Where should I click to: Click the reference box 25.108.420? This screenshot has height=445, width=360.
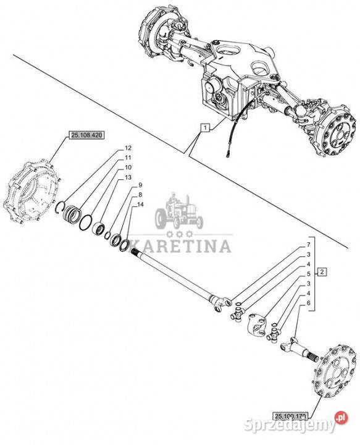(x=86, y=135)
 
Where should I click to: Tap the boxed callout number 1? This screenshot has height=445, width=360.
(x=205, y=128)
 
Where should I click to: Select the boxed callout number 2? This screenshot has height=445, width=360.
(x=322, y=272)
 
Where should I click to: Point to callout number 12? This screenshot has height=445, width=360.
(x=128, y=148)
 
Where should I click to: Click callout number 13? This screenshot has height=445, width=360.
(x=128, y=177)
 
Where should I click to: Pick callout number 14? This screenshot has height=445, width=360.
(x=140, y=205)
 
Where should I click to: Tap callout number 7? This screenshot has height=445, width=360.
(x=309, y=245)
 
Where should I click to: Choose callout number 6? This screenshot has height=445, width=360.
(x=309, y=303)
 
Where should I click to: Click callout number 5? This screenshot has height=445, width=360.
(x=309, y=274)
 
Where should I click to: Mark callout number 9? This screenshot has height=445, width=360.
(x=140, y=185)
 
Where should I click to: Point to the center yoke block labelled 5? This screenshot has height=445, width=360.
(x=257, y=324)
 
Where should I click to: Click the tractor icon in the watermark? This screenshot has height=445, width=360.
(x=179, y=211)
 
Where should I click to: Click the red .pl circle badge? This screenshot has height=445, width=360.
(x=341, y=417)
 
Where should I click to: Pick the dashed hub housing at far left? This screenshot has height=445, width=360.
(x=31, y=192)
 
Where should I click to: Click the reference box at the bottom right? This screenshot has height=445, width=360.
(x=290, y=416)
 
